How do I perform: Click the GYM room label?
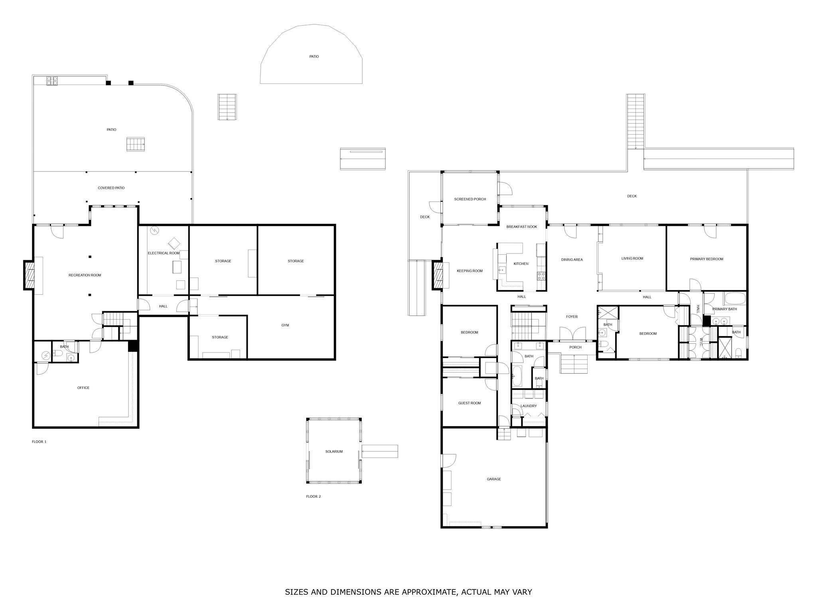[x=285, y=325]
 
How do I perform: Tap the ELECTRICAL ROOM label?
[x=164, y=253]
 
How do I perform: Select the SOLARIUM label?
[x=334, y=451]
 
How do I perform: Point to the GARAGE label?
[x=494, y=479]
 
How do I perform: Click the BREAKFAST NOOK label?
[x=522, y=227]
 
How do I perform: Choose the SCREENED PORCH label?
[x=470, y=199]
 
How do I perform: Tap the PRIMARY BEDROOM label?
[x=706, y=259]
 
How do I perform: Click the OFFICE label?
[x=83, y=388]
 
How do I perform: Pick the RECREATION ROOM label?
[x=85, y=275]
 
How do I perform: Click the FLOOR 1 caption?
[x=39, y=442]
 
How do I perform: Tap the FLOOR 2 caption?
[x=314, y=496]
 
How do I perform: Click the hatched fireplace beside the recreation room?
[x=29, y=275]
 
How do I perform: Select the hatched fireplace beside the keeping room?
[x=438, y=275]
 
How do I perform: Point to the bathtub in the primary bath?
[x=735, y=299]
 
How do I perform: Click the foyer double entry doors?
[x=572, y=334]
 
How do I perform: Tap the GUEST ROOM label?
[x=470, y=403]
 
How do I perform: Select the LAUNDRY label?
[x=529, y=406]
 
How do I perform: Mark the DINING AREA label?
[x=572, y=259]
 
